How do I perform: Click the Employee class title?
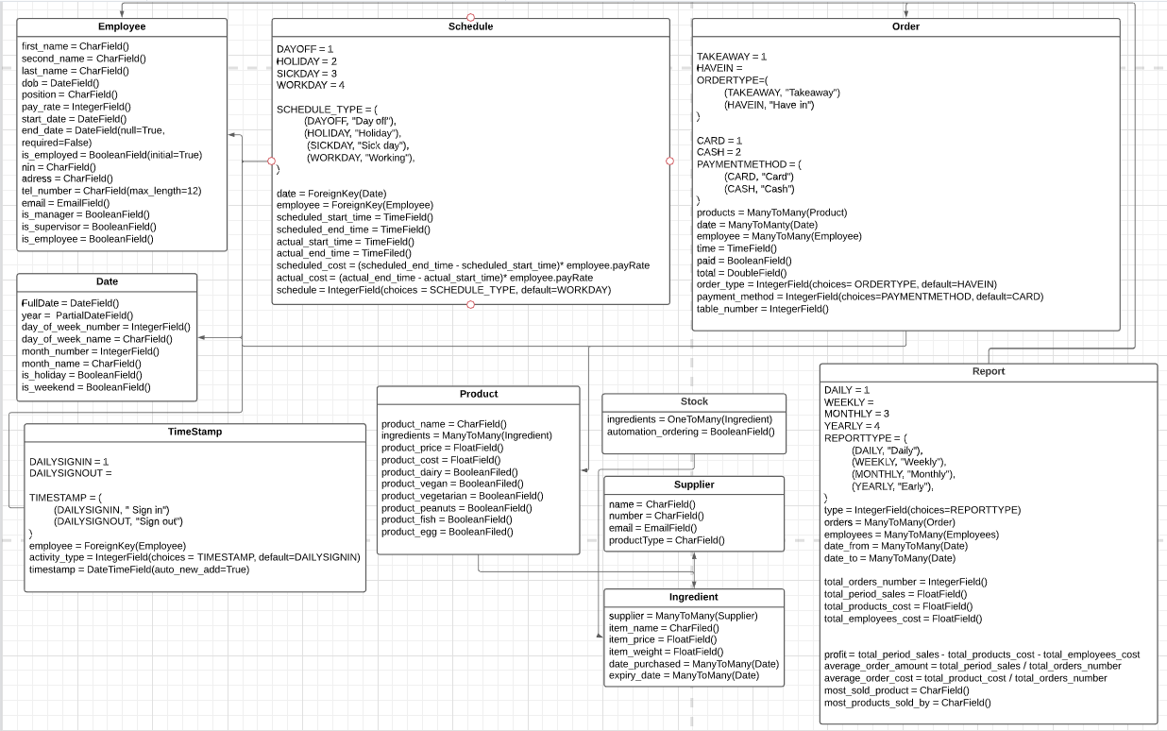click(122, 26)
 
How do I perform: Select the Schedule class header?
click(470, 26)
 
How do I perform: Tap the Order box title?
click(905, 26)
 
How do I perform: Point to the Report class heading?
click(988, 371)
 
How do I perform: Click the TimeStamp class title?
click(194, 432)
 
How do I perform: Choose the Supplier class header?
click(694, 484)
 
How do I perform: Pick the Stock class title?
click(694, 401)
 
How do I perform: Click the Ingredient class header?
click(694, 597)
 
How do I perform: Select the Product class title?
click(479, 394)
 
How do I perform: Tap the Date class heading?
click(107, 281)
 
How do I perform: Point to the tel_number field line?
click(111, 191)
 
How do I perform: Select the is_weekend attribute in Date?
click(85, 387)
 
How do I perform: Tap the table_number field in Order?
click(762, 309)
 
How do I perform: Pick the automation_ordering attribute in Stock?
click(689, 432)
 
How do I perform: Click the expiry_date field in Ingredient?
click(684, 675)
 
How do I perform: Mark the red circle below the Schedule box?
click(470, 304)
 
